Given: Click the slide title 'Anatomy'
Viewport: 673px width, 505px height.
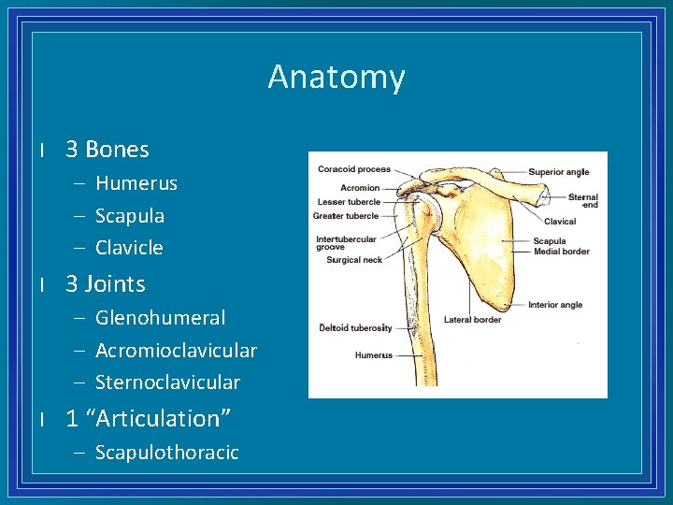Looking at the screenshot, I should [x=336, y=77].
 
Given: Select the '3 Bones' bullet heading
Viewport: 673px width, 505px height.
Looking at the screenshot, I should [x=107, y=150].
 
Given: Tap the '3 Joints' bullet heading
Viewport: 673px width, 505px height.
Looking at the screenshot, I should [x=105, y=283].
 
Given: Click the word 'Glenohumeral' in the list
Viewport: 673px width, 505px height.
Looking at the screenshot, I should [x=160, y=318].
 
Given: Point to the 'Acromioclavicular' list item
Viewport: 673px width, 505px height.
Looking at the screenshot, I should [x=176, y=351].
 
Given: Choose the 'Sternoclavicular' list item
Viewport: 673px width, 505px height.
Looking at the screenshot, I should [x=167, y=382].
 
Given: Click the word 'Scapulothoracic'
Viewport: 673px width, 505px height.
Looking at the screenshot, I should [x=167, y=453].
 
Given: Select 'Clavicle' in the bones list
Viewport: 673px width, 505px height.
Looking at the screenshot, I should [x=129, y=248].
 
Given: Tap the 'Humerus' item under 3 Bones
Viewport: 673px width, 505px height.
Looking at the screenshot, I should [x=136, y=183].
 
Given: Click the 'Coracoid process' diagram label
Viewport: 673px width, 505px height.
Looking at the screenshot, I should [x=353, y=170].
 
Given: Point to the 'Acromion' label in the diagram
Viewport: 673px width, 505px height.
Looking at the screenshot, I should [x=360, y=187].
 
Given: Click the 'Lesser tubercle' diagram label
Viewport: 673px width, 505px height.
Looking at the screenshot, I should [x=350, y=202].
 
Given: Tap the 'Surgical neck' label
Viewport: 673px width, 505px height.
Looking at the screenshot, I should [x=354, y=260].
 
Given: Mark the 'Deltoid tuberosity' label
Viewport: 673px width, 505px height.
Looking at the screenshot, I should [x=355, y=328].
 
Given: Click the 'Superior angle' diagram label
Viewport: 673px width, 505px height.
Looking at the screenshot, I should [x=559, y=172].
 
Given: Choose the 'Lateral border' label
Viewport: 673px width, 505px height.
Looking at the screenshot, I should [x=472, y=320].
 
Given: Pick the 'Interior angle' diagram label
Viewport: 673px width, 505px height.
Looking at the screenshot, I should [x=555, y=305].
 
